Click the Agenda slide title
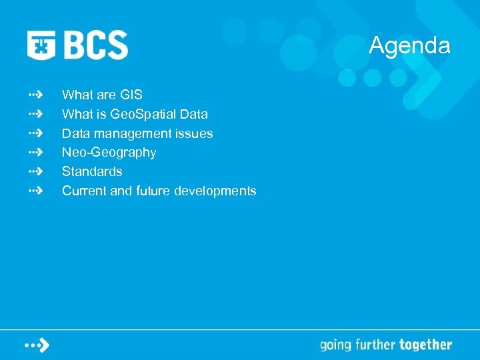point(409,46)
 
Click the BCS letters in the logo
point(96,45)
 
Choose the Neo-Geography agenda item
point(109,153)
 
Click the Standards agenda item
point(92,171)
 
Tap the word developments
point(215,191)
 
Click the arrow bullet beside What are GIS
point(36,95)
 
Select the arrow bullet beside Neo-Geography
point(36,153)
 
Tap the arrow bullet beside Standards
point(36,171)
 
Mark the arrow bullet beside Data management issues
point(36,133)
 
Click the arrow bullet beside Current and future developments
point(36,191)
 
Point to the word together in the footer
point(425,345)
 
